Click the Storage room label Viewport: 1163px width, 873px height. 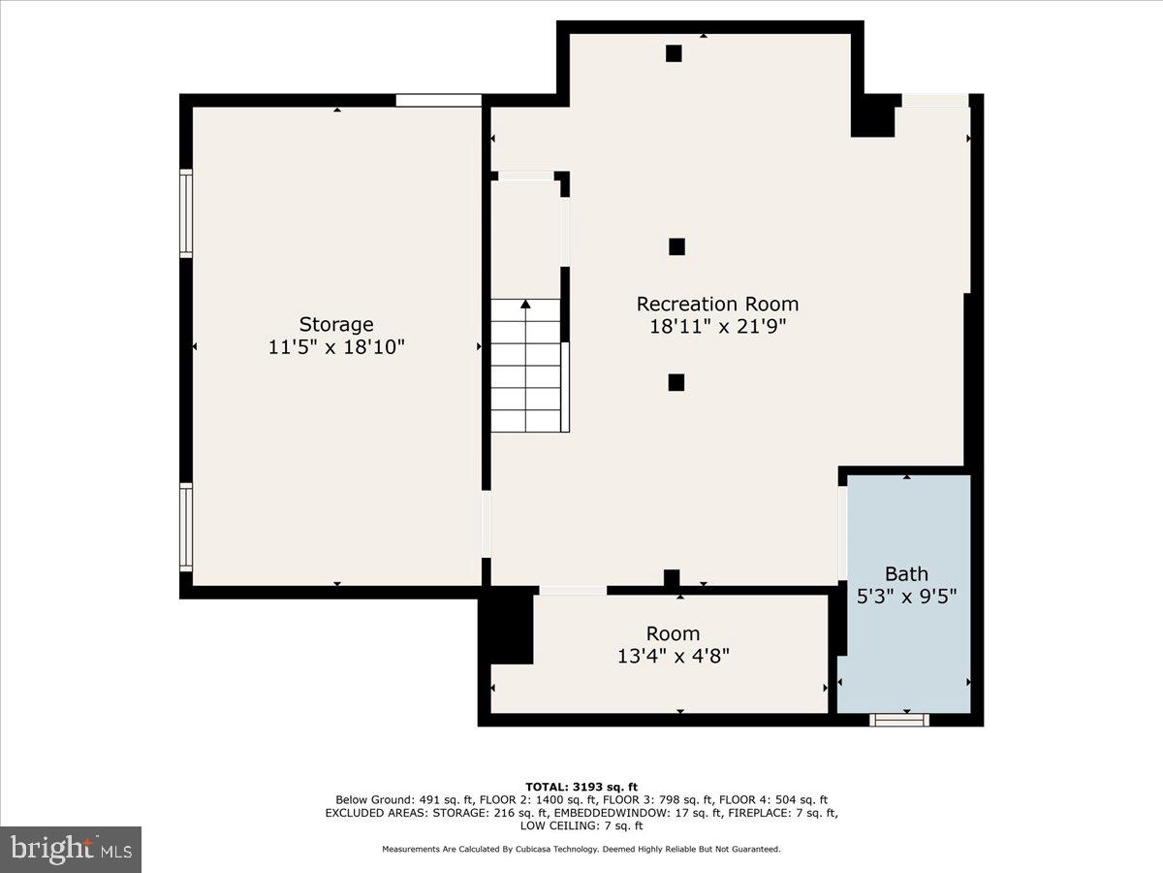pos(335,324)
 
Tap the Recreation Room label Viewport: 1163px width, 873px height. pos(717,304)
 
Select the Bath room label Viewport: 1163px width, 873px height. pos(906,573)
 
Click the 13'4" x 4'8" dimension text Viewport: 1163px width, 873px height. pos(673,656)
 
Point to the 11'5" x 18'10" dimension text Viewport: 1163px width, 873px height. pos(335,347)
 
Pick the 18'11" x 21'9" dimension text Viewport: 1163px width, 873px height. pos(717,327)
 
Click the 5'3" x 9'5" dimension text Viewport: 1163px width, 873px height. pos(906,597)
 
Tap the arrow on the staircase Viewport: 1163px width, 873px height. pos(526,306)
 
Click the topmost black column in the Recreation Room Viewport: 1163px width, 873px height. pos(674,53)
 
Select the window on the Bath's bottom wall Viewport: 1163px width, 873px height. pos(899,719)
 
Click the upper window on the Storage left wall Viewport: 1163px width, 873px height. pos(186,212)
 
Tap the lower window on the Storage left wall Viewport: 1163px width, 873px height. pos(186,526)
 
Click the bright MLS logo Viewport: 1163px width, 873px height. pos(71,850)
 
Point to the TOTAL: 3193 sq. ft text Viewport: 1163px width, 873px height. pos(581,787)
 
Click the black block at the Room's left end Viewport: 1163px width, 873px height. pos(508,627)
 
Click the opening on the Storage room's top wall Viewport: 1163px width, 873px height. pos(438,100)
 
